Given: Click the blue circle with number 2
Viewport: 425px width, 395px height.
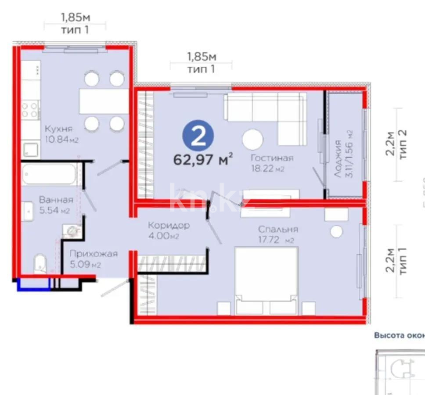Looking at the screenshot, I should pyautogui.click(x=198, y=136).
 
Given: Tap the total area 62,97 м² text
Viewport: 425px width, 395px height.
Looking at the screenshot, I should pyautogui.click(x=203, y=159).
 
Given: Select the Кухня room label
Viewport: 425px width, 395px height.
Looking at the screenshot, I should pyautogui.click(x=58, y=129).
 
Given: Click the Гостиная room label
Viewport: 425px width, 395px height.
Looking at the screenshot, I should pyautogui.click(x=272, y=158).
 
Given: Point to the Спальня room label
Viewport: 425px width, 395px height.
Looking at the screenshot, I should pyautogui.click(x=278, y=229).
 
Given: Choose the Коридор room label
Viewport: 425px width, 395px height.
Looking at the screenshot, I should pyautogui.click(x=169, y=226).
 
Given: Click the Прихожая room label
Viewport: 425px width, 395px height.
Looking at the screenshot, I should pyautogui.click(x=94, y=254).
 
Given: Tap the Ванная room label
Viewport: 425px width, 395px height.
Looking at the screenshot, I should pyautogui.click(x=56, y=199).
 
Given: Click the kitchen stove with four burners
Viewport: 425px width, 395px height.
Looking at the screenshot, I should pyautogui.click(x=30, y=109).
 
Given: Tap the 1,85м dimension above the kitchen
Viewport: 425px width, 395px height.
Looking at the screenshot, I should pyautogui.click(x=75, y=17).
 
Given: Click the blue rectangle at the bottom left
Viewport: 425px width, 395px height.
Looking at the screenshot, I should pyautogui.click(x=33, y=284).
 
